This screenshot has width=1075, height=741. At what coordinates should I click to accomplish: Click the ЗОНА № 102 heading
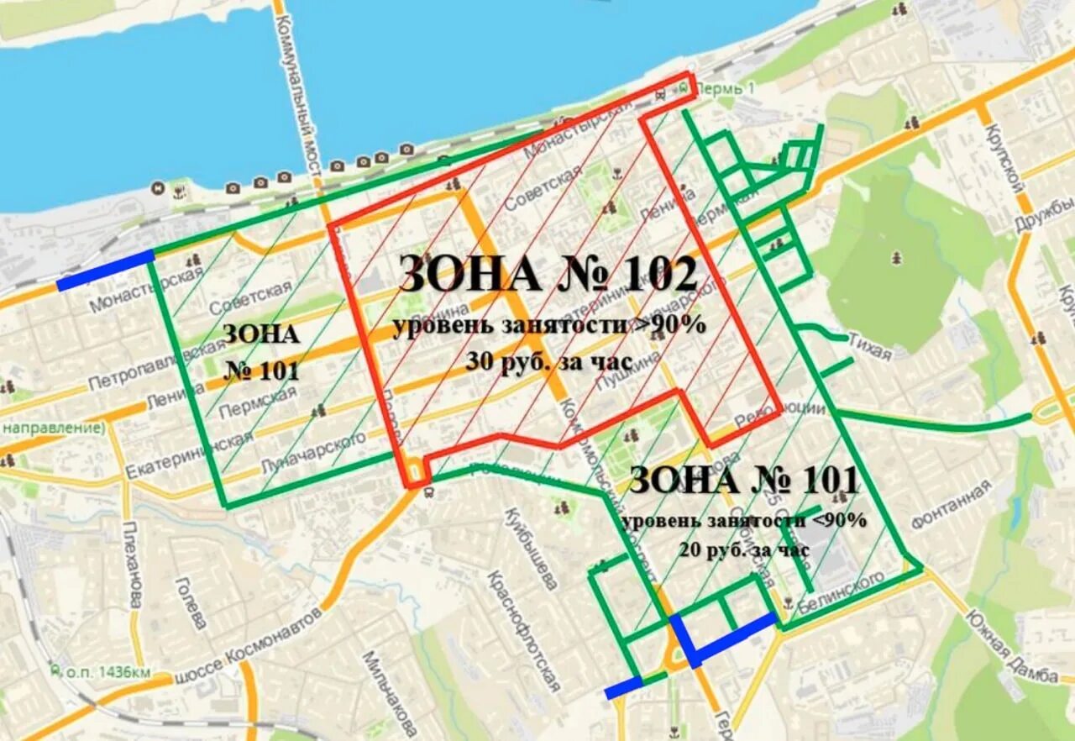[x=548, y=274]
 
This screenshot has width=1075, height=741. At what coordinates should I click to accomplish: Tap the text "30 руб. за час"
[x=549, y=360]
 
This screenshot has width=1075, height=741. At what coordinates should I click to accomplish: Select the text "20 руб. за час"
[x=745, y=550]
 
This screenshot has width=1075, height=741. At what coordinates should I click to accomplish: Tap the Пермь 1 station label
[x=732, y=87]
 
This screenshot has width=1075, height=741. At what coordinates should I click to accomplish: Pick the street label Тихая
[x=868, y=348]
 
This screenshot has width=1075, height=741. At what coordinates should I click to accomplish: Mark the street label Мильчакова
[x=390, y=693]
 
